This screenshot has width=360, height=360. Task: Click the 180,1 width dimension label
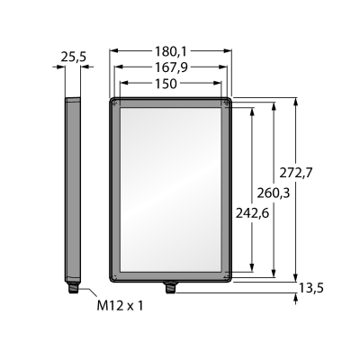pyautogui.click(x=171, y=51)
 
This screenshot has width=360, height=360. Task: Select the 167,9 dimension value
pyautogui.click(x=171, y=67)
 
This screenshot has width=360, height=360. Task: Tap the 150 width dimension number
pyautogui.click(x=166, y=84)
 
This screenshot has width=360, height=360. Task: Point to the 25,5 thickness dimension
pyautogui.click(x=73, y=57)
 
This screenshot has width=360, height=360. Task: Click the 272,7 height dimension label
pyautogui.click(x=296, y=173)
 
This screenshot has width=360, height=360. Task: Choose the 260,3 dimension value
pyautogui.click(x=274, y=193)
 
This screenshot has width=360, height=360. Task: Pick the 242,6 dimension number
pyautogui.click(x=252, y=213)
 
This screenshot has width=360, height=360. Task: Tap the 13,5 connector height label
pyautogui.click(x=310, y=288)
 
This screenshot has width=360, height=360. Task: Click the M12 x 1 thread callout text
pyautogui.click(x=120, y=306)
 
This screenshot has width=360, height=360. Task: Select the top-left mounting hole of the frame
pyautogui.click(x=114, y=103)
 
